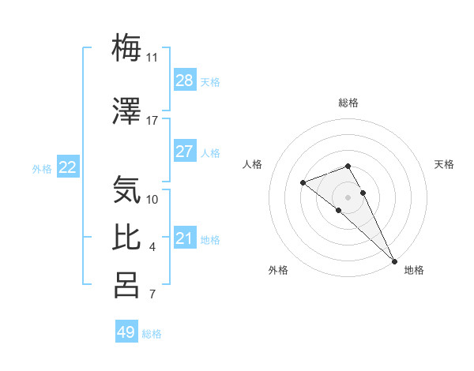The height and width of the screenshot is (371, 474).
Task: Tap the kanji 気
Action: coord(126,189)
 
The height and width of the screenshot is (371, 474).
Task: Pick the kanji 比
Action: coord(126,238)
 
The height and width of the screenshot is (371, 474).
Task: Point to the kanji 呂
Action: coord(126,285)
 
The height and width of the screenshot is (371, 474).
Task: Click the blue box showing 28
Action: coord(184,81)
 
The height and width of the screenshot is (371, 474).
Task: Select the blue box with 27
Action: coord(184,152)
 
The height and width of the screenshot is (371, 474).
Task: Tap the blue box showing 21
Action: coord(184,238)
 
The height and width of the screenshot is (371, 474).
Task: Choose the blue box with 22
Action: coord(68,167)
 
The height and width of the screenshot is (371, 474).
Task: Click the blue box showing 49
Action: coord(126,332)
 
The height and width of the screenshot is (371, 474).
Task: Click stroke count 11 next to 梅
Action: coord(152,58)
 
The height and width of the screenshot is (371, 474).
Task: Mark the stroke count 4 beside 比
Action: coord(152,248)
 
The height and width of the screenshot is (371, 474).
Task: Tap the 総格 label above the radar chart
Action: coord(348,103)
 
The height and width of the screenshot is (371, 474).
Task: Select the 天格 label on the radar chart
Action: coord(444,164)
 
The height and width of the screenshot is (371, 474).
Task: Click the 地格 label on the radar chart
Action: coord(414,270)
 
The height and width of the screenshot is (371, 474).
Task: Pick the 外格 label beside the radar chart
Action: coord(278,270)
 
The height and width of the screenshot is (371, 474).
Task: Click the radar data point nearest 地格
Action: coord(394,261)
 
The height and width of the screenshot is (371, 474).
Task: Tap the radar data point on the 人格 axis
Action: coord(303,183)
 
